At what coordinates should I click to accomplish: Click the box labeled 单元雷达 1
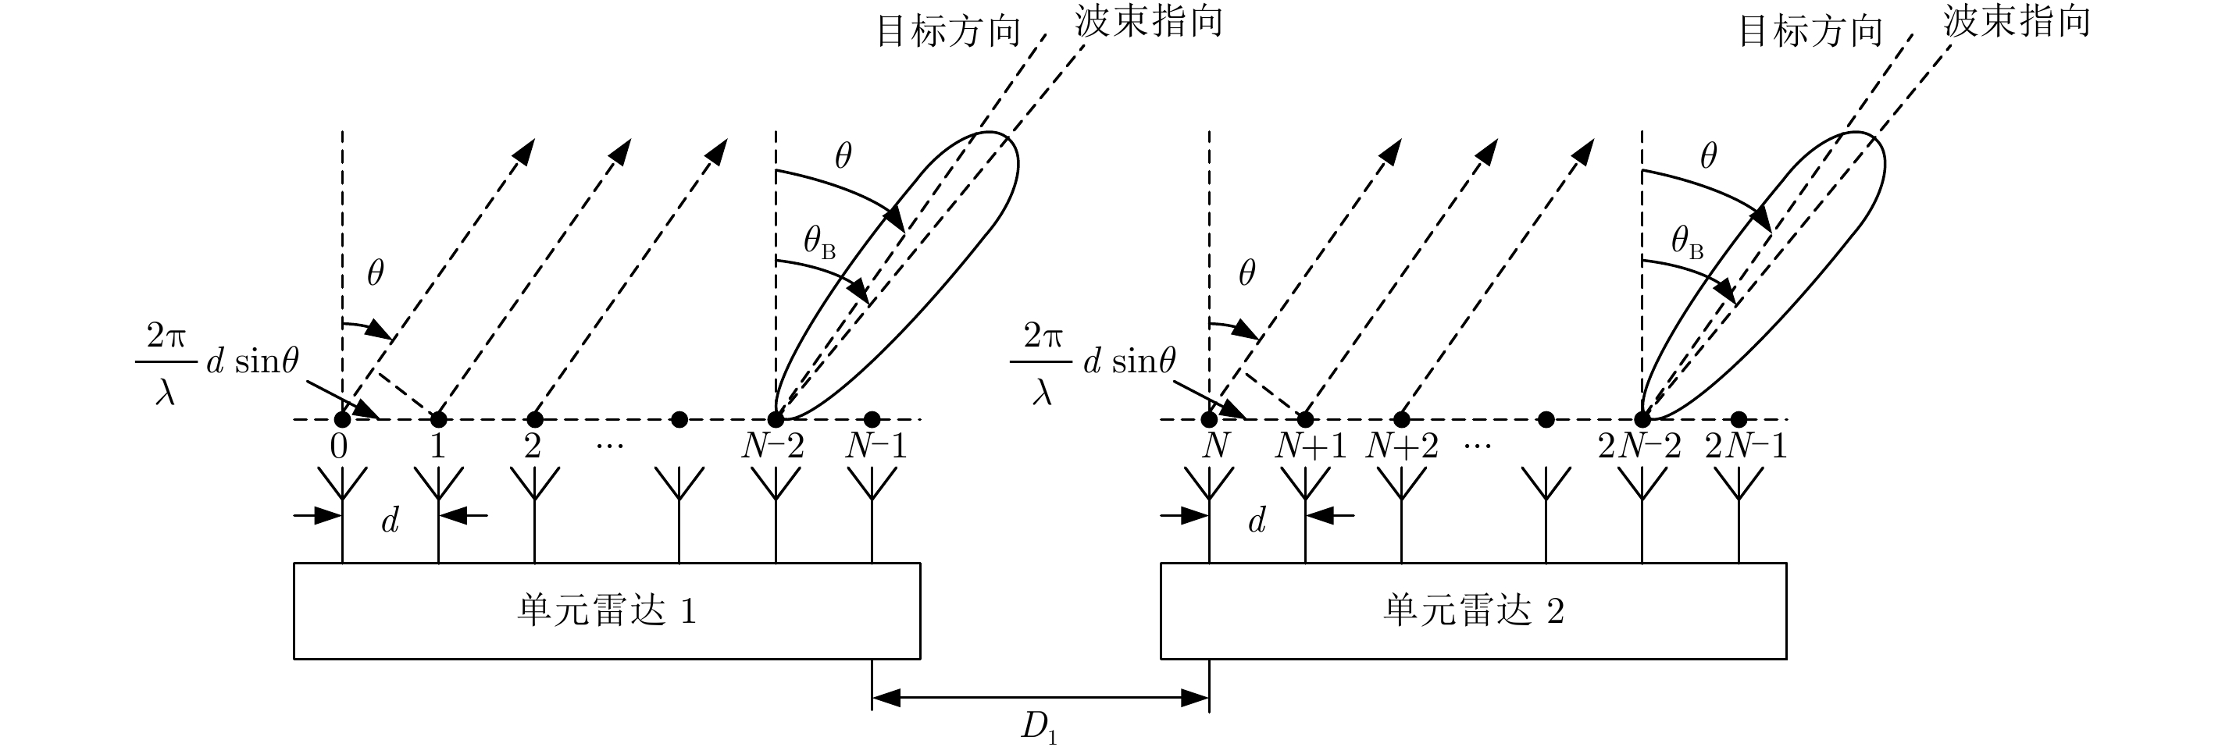pos(607,611)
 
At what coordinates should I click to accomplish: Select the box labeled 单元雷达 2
pos(1473,611)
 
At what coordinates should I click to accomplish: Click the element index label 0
pos(339,446)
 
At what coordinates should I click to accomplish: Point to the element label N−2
pos(772,446)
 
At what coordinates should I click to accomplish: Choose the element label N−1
pos(876,446)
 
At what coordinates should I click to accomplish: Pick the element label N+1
pos(1310,446)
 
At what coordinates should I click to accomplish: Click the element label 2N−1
pos(1746,446)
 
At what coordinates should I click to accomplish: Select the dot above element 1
pos(439,419)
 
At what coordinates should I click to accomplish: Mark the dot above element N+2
pos(1402,419)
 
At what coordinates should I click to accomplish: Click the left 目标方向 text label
pos(948,31)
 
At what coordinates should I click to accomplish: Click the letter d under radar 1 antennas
pos(391,521)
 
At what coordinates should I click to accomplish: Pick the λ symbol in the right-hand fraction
pos(1041,393)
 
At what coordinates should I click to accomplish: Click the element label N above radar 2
pos(1216,446)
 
